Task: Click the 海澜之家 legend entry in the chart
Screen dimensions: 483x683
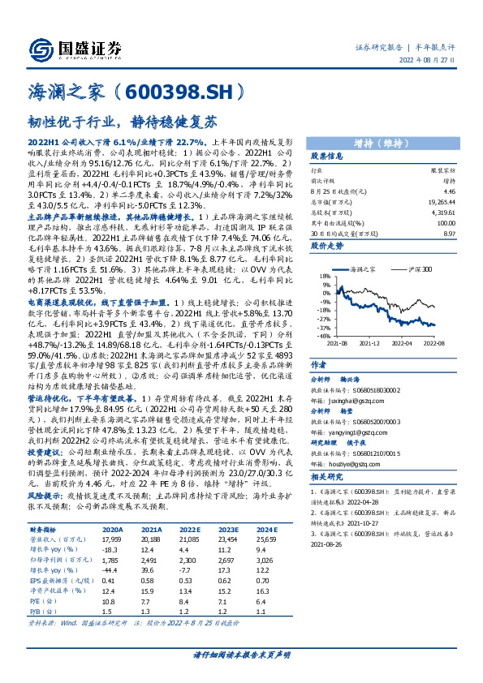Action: coord(364,267)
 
